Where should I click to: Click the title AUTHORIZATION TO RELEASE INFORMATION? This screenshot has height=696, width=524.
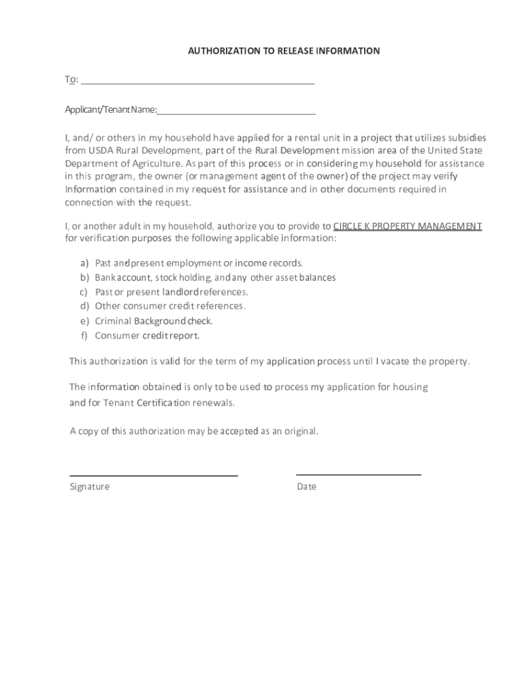(x=284, y=51)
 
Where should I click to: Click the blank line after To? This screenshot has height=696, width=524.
(x=197, y=82)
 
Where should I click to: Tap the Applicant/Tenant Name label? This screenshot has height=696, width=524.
(x=111, y=110)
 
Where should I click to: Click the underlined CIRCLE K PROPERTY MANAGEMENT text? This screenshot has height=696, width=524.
(x=408, y=226)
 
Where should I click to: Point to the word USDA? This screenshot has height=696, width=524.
(x=99, y=150)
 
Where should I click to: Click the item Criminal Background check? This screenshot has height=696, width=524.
(x=154, y=321)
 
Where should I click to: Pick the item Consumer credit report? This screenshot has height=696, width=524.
(x=147, y=336)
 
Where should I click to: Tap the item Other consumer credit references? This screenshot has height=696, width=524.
(x=170, y=306)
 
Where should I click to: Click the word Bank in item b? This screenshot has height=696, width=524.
(x=105, y=277)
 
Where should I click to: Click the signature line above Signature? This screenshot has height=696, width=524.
(x=154, y=474)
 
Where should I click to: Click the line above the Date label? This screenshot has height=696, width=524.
(x=359, y=474)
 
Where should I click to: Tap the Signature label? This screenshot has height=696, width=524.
(x=89, y=487)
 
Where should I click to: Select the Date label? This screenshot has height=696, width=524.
(x=306, y=487)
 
